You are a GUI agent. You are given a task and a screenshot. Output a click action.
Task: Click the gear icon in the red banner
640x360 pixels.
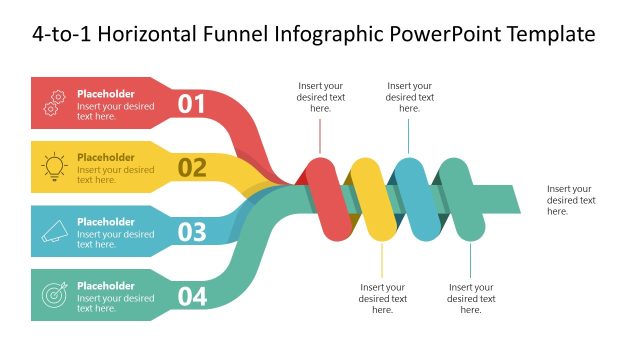(56, 102)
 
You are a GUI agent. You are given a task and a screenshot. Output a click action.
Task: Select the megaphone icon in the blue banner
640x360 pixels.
(56, 231)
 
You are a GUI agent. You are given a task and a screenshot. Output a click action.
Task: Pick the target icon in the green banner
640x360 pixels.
(56, 295)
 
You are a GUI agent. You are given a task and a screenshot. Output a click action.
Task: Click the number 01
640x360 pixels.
(191, 103)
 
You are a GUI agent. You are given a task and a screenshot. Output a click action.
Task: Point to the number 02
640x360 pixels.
(192, 167)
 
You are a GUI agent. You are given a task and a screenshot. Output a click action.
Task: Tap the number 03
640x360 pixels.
(192, 232)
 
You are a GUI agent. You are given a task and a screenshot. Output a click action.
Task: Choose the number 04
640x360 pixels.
(192, 296)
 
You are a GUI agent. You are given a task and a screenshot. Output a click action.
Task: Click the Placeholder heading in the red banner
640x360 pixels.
(105, 94)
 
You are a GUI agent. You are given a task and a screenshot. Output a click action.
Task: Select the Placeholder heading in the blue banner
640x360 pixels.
(105, 222)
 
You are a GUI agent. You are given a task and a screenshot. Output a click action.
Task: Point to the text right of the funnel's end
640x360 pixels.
(571, 200)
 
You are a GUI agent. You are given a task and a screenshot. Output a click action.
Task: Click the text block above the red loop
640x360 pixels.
(321, 97)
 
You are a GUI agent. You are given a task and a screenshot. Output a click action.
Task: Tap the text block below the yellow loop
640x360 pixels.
(383, 298)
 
